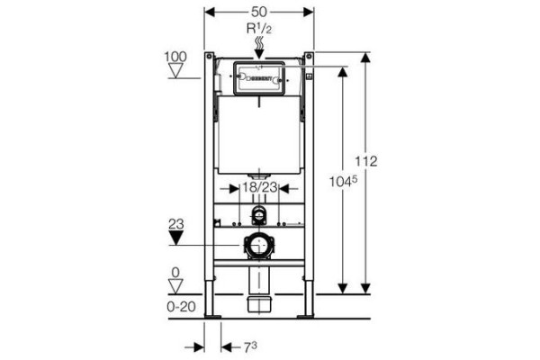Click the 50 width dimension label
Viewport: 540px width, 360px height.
(x=258, y=12)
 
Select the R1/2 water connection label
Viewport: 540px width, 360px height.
(x=259, y=29)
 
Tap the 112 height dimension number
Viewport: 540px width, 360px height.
(x=366, y=161)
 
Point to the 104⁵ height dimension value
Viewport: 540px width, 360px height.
(x=343, y=181)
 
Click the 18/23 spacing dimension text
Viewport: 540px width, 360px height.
(x=260, y=187)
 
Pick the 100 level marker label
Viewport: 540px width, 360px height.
(x=175, y=57)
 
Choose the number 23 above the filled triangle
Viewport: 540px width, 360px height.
(x=176, y=224)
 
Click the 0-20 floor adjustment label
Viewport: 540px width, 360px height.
(x=182, y=306)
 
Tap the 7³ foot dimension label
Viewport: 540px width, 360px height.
(x=250, y=347)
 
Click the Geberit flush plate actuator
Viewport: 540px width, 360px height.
(x=259, y=78)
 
